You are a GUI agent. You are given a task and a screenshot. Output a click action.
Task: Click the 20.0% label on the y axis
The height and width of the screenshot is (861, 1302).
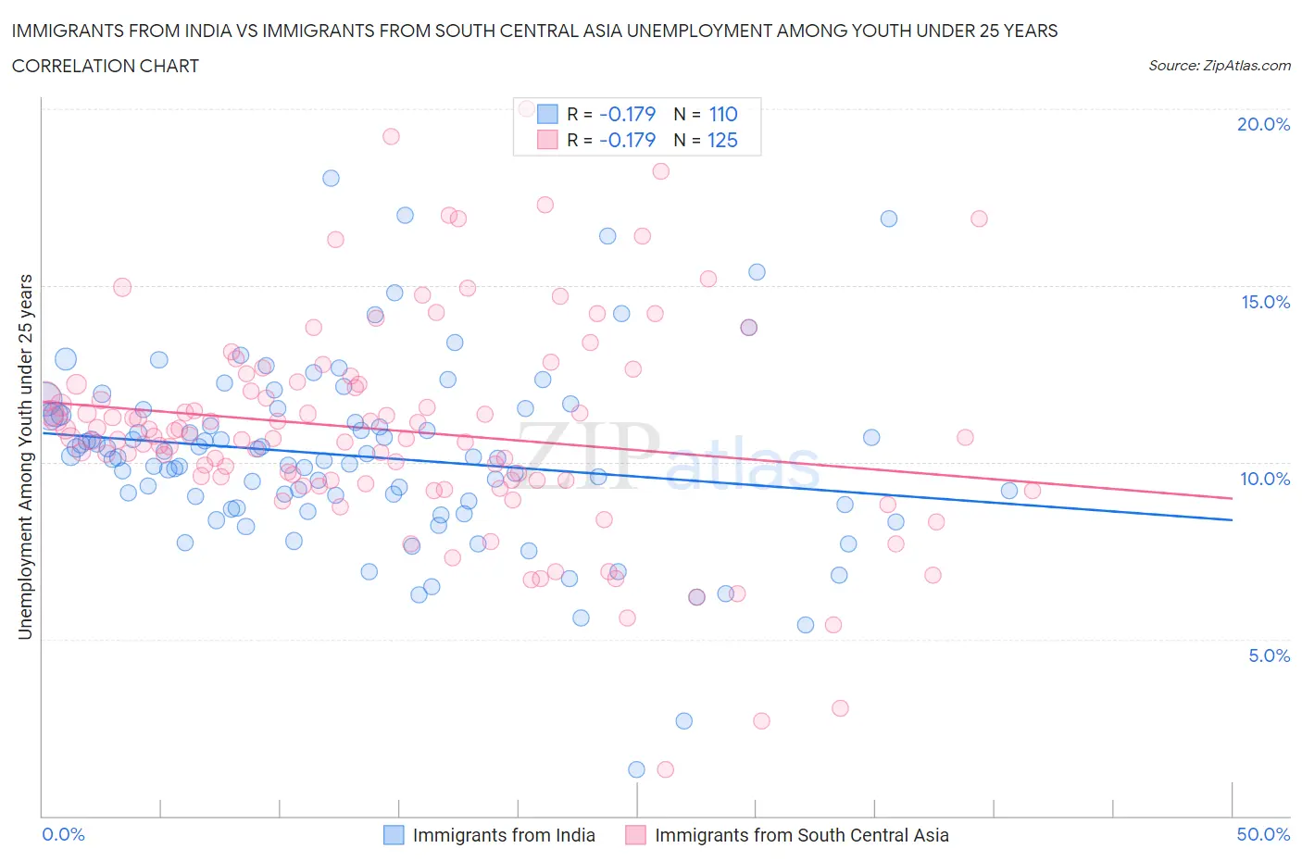(1263, 124)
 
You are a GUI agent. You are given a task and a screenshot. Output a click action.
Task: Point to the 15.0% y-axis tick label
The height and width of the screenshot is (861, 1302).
(1265, 302)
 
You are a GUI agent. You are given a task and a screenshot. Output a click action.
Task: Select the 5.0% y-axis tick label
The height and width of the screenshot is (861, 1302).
(1269, 655)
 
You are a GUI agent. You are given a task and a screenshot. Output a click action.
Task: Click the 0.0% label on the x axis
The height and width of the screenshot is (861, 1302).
(63, 834)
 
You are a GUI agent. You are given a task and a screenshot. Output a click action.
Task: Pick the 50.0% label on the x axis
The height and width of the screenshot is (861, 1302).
(1263, 834)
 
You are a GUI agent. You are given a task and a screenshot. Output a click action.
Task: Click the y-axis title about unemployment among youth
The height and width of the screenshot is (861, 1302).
(26, 456)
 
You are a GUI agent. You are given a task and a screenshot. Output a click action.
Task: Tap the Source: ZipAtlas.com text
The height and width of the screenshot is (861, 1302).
(1219, 66)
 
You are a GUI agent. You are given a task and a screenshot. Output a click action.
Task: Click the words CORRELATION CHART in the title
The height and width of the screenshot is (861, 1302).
(105, 66)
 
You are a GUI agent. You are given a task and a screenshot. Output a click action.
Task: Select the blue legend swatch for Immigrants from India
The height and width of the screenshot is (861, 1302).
(394, 835)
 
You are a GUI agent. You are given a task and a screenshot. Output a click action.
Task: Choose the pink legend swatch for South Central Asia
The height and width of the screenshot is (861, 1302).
(635, 835)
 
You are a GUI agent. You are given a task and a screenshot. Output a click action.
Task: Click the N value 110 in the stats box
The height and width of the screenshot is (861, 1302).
(723, 114)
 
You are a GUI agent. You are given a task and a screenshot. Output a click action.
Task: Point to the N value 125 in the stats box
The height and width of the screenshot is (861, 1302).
(723, 140)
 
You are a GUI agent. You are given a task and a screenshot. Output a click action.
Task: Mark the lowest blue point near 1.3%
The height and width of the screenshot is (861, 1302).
(636, 769)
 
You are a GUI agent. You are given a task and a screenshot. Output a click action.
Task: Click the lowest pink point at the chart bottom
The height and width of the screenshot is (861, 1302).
(665, 769)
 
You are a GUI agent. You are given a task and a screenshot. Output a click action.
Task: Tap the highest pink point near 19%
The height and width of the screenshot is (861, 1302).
(391, 136)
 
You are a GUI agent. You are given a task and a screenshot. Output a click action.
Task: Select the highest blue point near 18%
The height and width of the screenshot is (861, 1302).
(331, 178)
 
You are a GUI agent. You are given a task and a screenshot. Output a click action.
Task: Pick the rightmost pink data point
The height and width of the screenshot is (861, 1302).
(1032, 491)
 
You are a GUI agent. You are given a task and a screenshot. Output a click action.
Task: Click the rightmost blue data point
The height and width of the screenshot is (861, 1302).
(1009, 491)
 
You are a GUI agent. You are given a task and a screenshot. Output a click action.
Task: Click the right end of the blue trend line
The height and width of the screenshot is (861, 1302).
(1232, 520)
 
